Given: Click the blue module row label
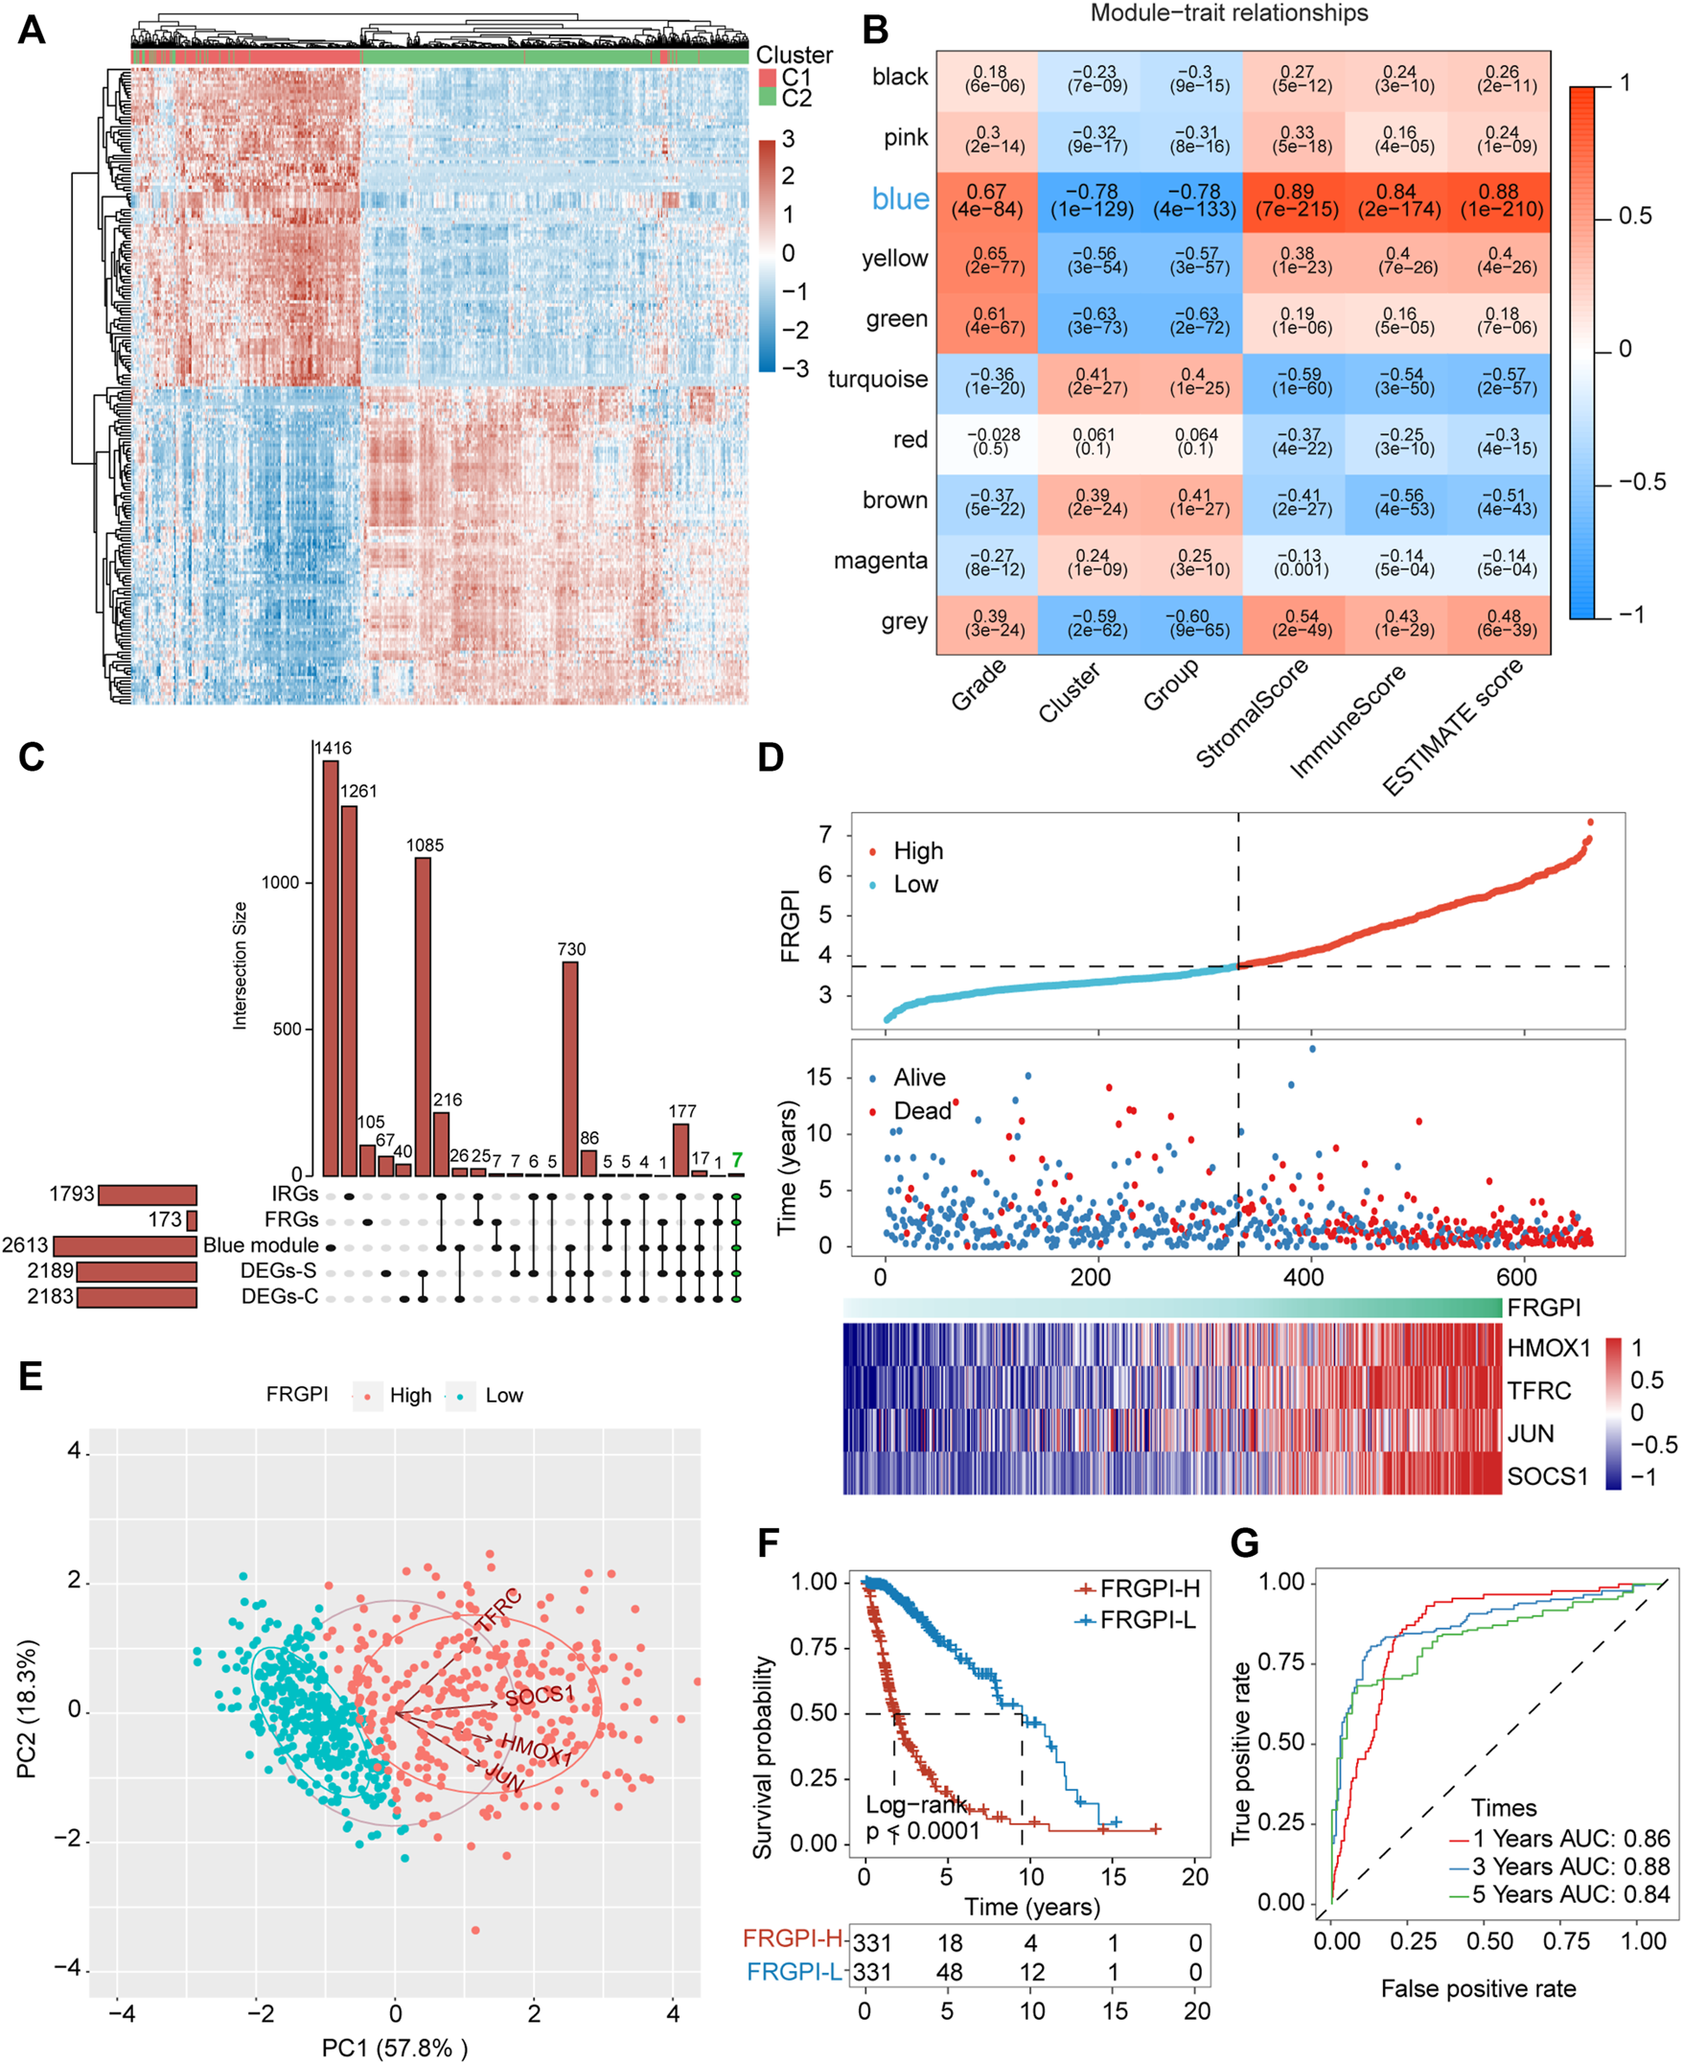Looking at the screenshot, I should (x=900, y=198).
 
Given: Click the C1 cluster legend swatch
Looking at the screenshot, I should (x=768, y=78).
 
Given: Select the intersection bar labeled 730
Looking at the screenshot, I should (x=570, y=1067).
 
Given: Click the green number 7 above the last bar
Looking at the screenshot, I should (x=737, y=1159).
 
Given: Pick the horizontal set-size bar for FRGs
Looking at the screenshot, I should (x=192, y=1219).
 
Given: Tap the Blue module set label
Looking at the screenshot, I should (x=260, y=1244).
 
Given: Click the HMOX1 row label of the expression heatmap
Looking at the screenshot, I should (x=1548, y=1348).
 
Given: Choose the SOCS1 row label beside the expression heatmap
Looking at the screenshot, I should (x=1547, y=1476).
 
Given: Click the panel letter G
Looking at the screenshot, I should (x=1244, y=1542).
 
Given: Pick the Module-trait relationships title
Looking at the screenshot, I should (x=1230, y=12).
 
